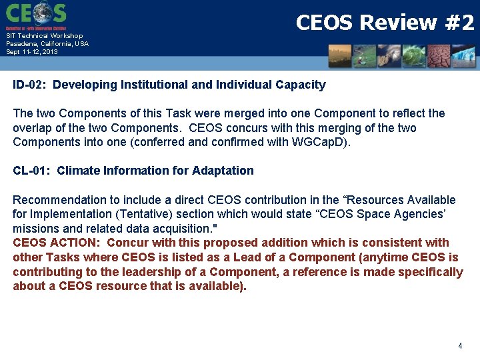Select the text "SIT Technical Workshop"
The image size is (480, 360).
coord(45,36)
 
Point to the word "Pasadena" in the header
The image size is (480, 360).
coord(23,43)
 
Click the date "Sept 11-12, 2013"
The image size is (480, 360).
coord(32,51)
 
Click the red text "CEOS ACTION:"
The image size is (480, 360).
coord(57,243)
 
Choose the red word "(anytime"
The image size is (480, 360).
coord(384,257)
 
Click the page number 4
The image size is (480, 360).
coord(460,346)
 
